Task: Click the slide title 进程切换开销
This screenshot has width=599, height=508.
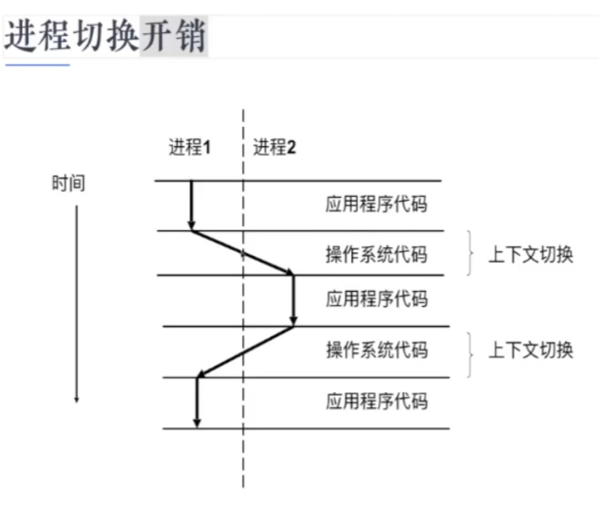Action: (x=105, y=36)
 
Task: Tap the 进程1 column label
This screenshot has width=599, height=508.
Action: (x=189, y=147)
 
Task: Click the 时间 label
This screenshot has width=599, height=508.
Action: (x=68, y=183)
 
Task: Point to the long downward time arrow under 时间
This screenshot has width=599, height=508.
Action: (x=76, y=303)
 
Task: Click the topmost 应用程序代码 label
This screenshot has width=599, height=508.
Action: (x=376, y=205)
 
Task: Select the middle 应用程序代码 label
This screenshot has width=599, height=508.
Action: (x=376, y=299)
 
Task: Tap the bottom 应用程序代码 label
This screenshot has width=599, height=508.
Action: (x=376, y=401)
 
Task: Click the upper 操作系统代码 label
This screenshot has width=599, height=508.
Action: (x=376, y=254)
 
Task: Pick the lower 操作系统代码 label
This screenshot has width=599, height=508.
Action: (x=376, y=350)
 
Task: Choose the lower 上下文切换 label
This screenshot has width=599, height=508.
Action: (x=531, y=350)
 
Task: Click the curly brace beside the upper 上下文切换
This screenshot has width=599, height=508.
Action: (x=470, y=252)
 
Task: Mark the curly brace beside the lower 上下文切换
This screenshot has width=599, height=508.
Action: (x=470, y=351)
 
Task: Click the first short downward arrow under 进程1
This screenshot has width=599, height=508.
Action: (x=192, y=205)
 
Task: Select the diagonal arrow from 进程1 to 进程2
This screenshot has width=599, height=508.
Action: (x=242, y=251)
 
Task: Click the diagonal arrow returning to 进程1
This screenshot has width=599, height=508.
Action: (x=244, y=352)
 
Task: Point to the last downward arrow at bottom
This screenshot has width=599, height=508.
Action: (x=197, y=402)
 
